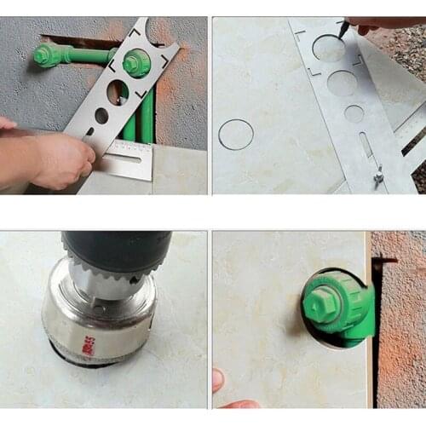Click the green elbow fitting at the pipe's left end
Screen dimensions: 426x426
tap(48, 55)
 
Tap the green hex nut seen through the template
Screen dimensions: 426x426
tap(136, 62)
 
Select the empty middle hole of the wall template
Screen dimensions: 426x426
tap(118, 91)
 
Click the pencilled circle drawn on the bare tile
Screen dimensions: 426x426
tap(236, 135)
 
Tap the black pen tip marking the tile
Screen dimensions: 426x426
tap(343, 31)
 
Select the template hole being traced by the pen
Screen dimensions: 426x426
tap(329, 49)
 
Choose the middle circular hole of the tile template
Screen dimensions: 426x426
tap(342, 83)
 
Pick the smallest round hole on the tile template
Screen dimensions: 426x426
tap(354, 113)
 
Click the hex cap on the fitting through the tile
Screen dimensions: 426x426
tap(321, 302)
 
